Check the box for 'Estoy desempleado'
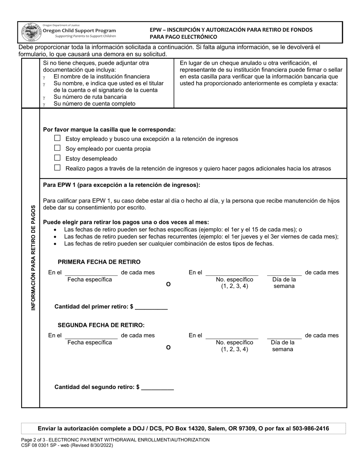(x=57, y=158)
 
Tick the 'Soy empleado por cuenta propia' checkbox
(x=57, y=148)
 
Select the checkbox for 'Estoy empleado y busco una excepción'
(x=57, y=138)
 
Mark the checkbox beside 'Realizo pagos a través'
(x=57, y=168)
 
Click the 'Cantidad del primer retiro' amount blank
(x=151, y=307)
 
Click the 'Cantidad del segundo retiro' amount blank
(x=157, y=387)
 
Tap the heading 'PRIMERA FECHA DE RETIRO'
(x=99, y=262)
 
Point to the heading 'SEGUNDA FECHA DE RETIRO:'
(x=101, y=325)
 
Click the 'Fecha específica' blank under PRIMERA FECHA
(x=91, y=272)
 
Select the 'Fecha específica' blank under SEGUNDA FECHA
(x=91, y=335)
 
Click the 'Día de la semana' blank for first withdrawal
(x=284, y=272)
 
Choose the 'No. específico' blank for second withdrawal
(x=232, y=335)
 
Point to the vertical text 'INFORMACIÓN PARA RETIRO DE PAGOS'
(x=33, y=258)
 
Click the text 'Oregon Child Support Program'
(x=79, y=31)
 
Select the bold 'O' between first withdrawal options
(x=168, y=284)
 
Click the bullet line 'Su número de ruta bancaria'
(x=90, y=97)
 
